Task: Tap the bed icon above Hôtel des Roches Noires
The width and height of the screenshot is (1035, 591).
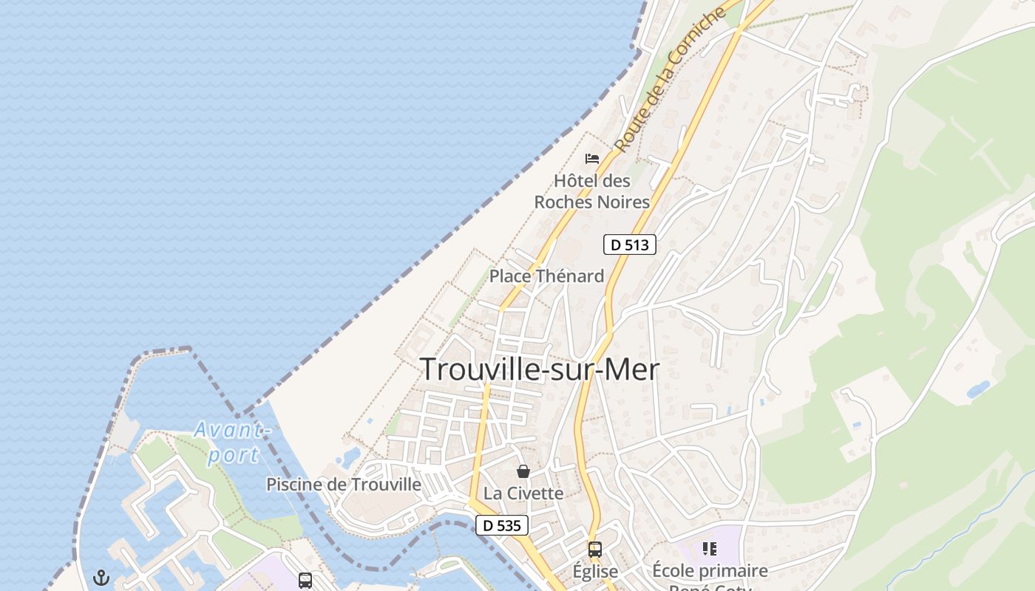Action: point(592,158)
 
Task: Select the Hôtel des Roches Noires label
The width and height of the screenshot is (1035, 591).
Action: point(592,191)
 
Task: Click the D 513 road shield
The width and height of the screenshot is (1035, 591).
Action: point(630,245)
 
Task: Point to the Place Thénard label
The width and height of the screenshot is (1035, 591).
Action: point(546,276)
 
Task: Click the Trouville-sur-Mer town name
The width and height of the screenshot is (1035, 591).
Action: point(540,369)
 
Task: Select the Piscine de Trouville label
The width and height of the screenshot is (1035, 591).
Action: point(344,485)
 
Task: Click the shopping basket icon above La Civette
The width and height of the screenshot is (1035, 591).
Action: point(523,471)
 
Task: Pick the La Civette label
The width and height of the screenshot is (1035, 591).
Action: point(523,493)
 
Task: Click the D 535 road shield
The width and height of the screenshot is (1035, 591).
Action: point(502,525)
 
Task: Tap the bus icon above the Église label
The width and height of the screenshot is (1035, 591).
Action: point(595,549)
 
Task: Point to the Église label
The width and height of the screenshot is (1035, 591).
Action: point(595,571)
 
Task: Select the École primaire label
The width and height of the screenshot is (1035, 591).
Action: point(710,571)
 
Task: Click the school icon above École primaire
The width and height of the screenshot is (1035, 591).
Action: point(710,548)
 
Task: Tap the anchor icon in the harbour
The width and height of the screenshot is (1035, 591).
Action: point(101,578)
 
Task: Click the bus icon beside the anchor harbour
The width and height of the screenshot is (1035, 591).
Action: point(305,580)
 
